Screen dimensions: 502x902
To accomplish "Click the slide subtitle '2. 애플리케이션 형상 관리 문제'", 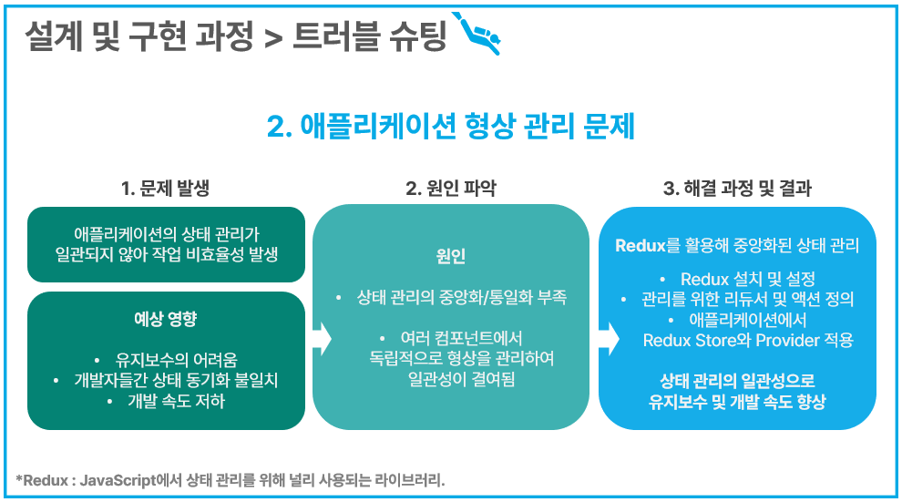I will (x=450, y=127).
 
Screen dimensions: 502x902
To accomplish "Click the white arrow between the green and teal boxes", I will (x=320, y=337).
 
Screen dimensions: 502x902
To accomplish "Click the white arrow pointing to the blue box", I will (x=608, y=337).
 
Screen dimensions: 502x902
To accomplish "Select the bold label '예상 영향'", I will (x=165, y=320).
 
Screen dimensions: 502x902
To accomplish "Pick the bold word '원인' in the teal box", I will (x=451, y=257).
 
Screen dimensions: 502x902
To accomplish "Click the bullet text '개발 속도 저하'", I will (x=176, y=401).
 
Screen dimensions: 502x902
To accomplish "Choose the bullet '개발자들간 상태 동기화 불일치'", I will (x=175, y=381).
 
